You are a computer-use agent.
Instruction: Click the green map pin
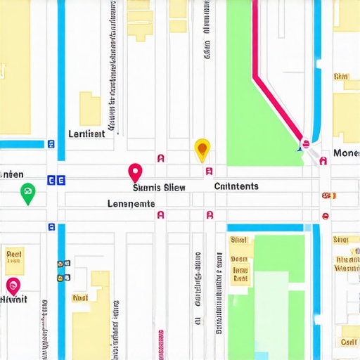tap(27, 193)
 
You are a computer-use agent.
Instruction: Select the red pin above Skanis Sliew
tap(135, 172)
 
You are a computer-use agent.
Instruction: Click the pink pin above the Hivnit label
tap(13, 285)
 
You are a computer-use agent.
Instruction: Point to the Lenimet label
tap(86, 134)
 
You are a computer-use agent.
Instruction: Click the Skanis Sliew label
tap(160, 187)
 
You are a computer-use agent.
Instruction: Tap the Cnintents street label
tap(236, 186)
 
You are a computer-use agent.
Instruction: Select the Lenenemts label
tap(131, 204)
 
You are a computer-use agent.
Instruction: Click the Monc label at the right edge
tap(346, 153)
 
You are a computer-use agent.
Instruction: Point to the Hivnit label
tap(13, 299)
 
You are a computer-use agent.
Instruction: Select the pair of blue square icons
tap(56, 180)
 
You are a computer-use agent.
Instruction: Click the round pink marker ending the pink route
tap(304, 144)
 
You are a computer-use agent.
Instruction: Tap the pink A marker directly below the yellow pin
tap(209, 171)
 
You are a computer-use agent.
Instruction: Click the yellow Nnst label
tap(79, 298)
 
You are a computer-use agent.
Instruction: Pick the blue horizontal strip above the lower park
tap(266, 228)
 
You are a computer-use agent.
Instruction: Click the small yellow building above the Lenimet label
tap(89, 108)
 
